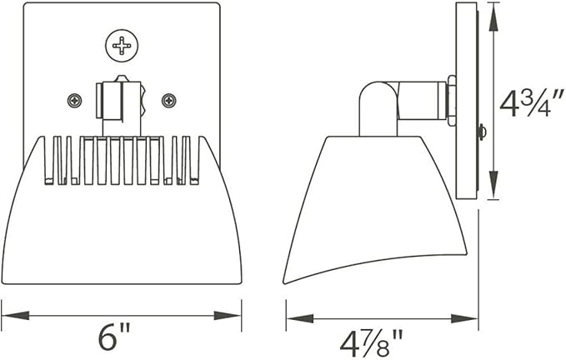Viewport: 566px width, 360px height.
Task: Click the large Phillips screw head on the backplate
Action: click(x=122, y=46)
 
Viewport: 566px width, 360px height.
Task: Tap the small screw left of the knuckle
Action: click(x=75, y=100)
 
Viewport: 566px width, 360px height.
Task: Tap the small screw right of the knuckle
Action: click(x=169, y=100)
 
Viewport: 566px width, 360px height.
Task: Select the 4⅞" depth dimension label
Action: click(x=372, y=344)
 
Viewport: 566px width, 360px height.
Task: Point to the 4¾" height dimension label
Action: click(x=531, y=104)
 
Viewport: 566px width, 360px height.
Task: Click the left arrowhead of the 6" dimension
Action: click(x=16, y=315)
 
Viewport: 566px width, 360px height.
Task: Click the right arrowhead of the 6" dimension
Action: click(x=228, y=315)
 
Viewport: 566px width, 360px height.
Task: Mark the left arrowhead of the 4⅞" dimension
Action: click(x=300, y=318)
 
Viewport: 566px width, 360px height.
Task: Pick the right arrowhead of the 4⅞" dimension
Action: click(x=464, y=318)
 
